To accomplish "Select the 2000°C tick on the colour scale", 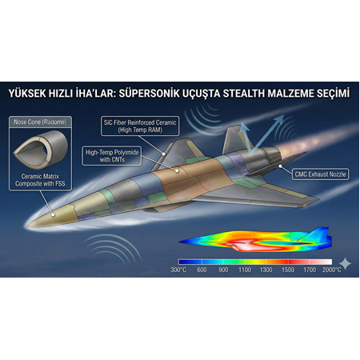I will click(330, 270).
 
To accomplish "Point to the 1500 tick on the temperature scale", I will click(287, 270).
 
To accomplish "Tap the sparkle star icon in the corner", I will click(345, 263).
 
